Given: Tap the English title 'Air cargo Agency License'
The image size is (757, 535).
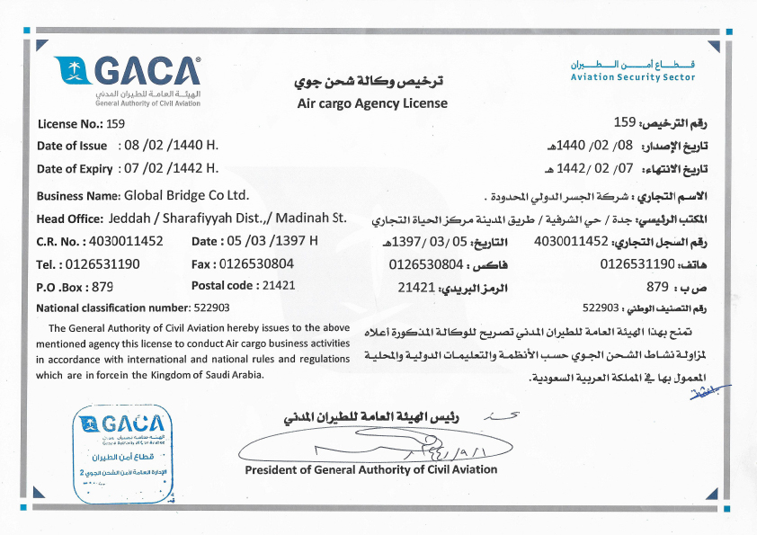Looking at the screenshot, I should [372, 103].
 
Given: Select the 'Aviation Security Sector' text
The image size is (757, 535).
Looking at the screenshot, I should [633, 77].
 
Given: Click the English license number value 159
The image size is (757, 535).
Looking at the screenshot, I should [115, 123].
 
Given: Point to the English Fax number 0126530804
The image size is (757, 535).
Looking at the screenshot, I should [256, 264].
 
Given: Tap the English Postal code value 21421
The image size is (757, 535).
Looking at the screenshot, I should [276, 286].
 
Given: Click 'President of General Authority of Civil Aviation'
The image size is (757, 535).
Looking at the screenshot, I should [370, 469].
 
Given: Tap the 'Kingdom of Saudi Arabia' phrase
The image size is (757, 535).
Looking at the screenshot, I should [205, 375].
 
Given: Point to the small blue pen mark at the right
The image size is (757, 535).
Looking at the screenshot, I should [714, 388].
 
